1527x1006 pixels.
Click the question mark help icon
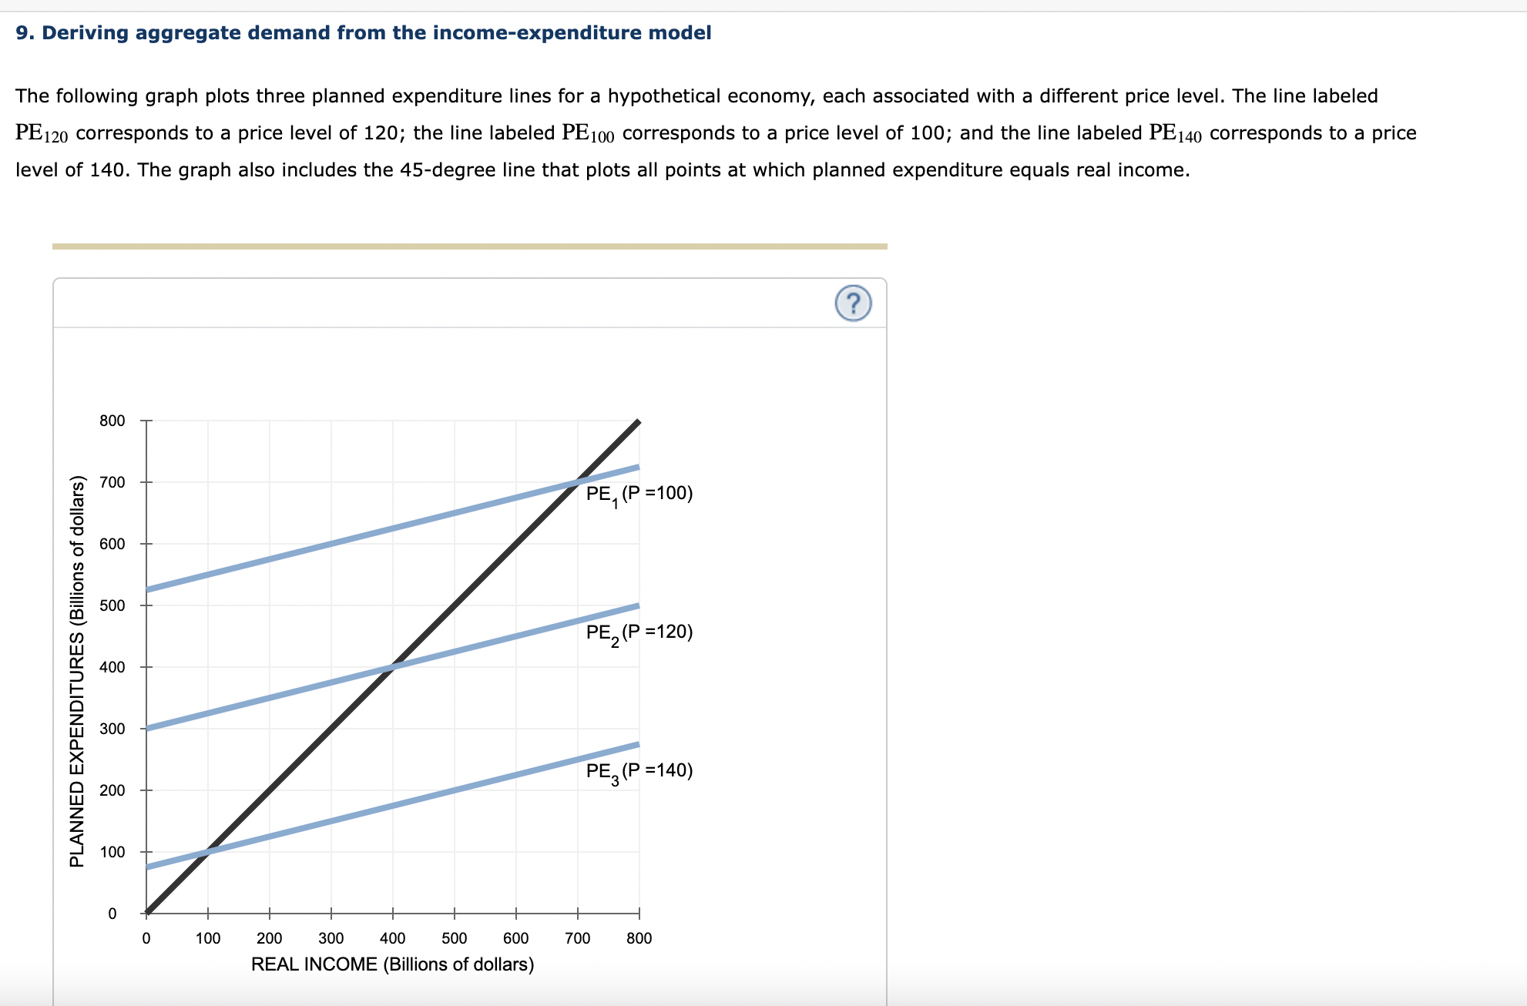(x=853, y=303)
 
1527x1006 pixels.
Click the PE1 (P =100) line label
(x=639, y=494)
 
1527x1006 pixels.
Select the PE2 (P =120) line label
(x=639, y=632)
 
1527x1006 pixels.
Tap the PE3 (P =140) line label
(x=639, y=771)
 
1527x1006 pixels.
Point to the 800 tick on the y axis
(x=112, y=421)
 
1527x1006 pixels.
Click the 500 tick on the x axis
(x=455, y=938)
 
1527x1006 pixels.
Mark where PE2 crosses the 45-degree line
(x=393, y=667)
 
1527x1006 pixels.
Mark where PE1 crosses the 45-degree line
(x=578, y=482)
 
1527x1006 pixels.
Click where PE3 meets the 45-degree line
(x=208, y=852)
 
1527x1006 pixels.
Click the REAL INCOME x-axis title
(x=392, y=964)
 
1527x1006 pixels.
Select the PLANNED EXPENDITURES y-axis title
(x=77, y=672)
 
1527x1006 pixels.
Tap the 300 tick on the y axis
(x=112, y=729)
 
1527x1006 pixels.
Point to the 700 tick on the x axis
(x=578, y=938)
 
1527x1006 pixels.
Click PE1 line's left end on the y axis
(x=147, y=589)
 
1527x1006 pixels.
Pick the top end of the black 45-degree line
(x=639, y=422)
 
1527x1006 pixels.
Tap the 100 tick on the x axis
(x=208, y=938)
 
